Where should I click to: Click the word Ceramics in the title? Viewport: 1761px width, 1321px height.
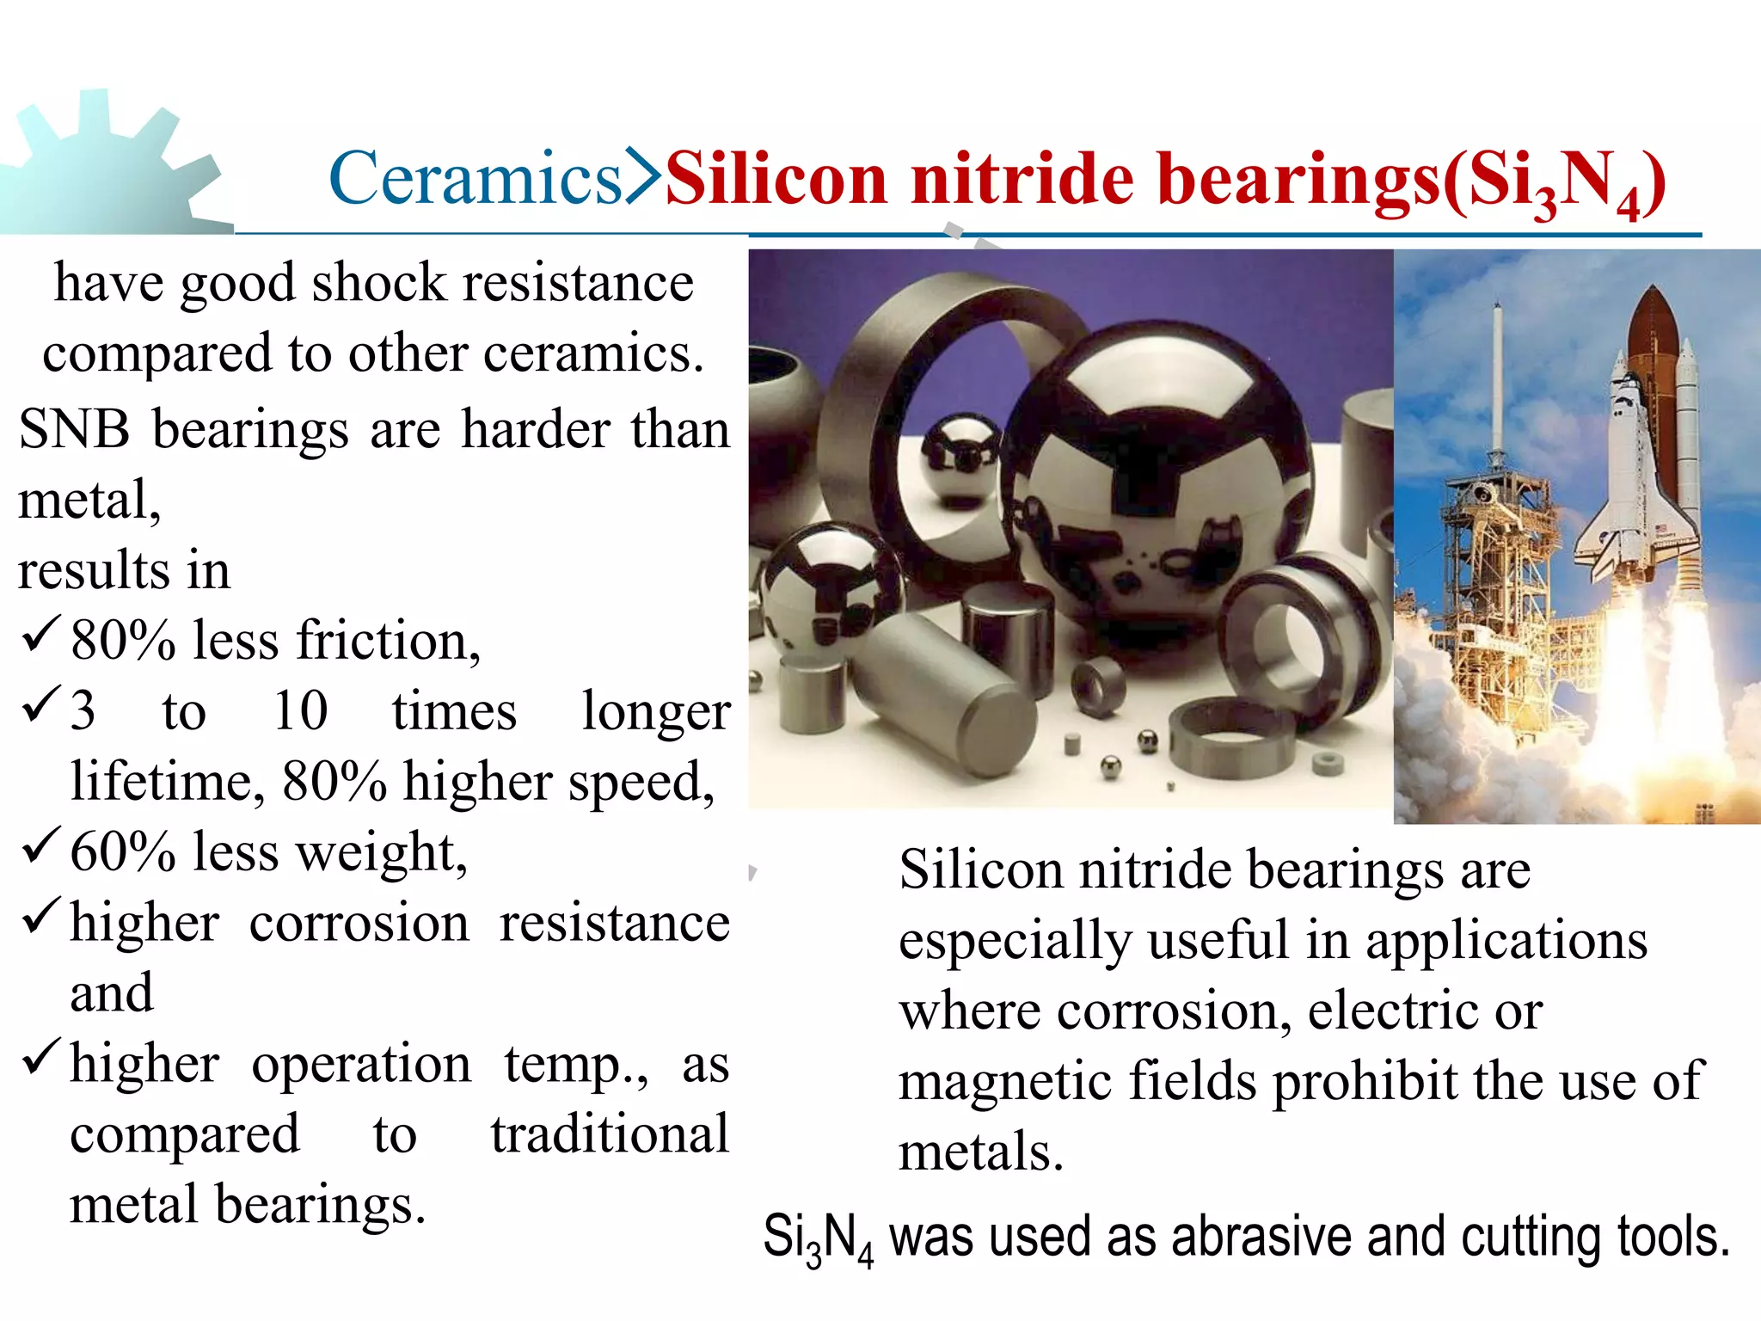click(x=475, y=178)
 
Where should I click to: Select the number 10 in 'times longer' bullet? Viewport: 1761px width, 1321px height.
click(x=300, y=711)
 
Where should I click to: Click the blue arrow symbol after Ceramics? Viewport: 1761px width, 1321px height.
click(x=641, y=176)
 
